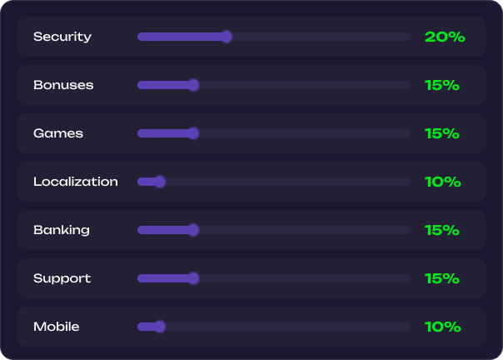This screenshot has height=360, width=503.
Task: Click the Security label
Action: (62, 37)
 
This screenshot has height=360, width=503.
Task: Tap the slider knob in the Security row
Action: (227, 37)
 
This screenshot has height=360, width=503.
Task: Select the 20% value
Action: (445, 37)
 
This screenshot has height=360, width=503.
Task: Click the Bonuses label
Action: (63, 85)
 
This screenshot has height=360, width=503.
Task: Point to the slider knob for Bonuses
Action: (193, 85)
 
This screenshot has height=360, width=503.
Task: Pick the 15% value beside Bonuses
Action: (441, 85)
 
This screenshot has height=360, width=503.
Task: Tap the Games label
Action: (58, 133)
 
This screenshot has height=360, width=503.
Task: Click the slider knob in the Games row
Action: (193, 133)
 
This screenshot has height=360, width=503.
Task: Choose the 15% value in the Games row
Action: (441, 133)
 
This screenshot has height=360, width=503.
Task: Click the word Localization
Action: (76, 182)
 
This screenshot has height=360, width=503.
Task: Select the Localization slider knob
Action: (160, 182)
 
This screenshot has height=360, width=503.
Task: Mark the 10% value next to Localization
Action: (443, 182)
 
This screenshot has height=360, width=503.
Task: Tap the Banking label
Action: (62, 230)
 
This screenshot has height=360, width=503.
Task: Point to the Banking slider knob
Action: (193, 230)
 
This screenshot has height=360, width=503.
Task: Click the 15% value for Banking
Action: (441, 230)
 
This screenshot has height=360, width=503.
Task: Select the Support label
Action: (62, 279)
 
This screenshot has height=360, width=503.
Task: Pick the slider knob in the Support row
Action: (193, 278)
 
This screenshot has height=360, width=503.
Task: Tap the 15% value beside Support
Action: (441, 278)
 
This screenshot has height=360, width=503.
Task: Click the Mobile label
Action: (56, 327)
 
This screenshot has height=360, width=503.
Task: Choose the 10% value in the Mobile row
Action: (443, 327)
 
